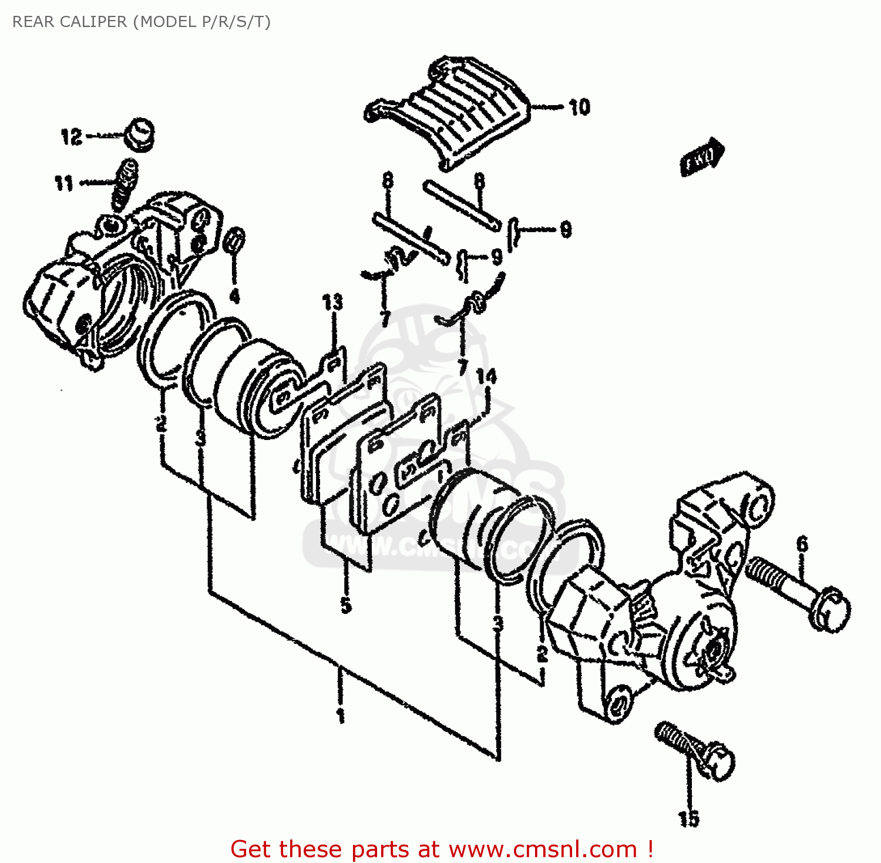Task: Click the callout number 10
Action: (579, 107)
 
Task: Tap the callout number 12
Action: (71, 137)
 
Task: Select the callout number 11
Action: (64, 183)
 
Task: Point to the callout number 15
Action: (688, 818)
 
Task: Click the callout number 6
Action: (802, 544)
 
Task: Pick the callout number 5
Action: (346, 605)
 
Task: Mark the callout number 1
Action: (340, 716)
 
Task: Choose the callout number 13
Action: (332, 303)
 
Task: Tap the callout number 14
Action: (486, 376)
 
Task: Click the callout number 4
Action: (234, 296)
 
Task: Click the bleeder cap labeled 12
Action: (140, 135)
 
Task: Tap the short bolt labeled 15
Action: (696, 749)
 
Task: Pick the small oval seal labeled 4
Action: (235, 241)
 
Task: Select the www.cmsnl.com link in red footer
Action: (543, 849)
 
